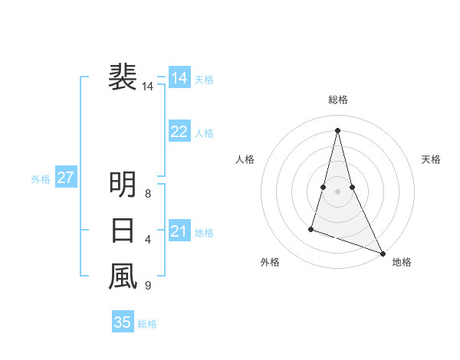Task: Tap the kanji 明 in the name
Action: [123, 184]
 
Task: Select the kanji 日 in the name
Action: [123, 230]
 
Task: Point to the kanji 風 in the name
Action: [123, 276]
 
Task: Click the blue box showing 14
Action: [179, 78]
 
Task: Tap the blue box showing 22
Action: [179, 132]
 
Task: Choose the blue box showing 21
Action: [179, 231]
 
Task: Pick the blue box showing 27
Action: [65, 178]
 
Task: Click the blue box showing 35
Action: [123, 322]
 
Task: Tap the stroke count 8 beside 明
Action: [147, 194]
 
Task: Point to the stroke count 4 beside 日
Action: [147, 240]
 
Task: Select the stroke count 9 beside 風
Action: [147, 286]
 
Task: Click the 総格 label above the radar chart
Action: [337, 100]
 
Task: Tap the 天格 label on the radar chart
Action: [431, 159]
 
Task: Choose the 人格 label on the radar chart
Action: [245, 159]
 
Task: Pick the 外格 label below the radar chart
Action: [269, 263]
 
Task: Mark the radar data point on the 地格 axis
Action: [383, 254]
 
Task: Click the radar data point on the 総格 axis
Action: [337, 130]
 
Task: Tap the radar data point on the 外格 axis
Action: [311, 228]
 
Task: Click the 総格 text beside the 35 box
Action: [147, 324]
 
